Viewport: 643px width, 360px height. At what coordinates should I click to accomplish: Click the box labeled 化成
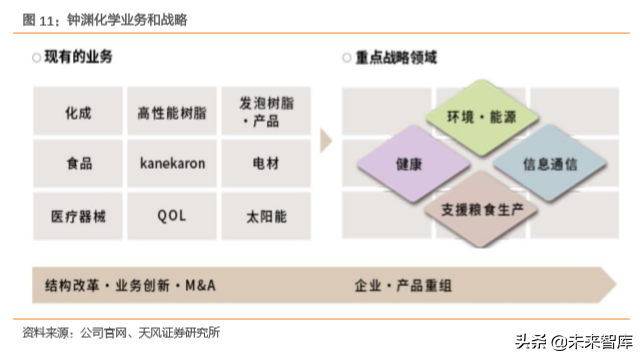click(78, 112)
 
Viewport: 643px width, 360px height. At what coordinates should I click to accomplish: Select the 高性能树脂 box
click(172, 112)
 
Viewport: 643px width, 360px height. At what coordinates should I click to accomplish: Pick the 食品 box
click(78, 163)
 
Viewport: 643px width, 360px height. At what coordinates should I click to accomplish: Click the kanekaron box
click(172, 163)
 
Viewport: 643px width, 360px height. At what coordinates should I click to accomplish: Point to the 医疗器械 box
click(78, 215)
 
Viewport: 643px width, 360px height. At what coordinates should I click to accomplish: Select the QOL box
click(172, 215)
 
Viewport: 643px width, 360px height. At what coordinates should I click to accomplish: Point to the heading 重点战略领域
click(395, 58)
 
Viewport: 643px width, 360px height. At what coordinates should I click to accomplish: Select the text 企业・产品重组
click(403, 285)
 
